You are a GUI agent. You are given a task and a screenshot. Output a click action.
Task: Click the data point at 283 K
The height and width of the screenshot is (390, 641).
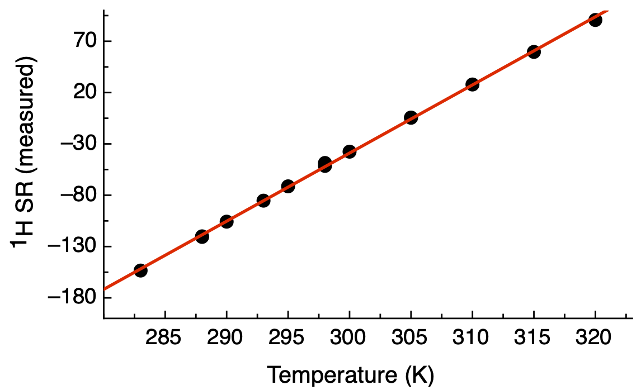click(x=140, y=270)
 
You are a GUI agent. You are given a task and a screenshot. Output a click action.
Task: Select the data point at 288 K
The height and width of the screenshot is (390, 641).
click(x=202, y=236)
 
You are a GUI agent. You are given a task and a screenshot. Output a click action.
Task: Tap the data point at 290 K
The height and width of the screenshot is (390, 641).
click(x=227, y=222)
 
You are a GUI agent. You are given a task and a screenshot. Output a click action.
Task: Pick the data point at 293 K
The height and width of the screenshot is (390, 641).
click(x=263, y=201)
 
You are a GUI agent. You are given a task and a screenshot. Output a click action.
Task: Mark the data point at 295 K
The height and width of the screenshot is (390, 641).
click(x=288, y=186)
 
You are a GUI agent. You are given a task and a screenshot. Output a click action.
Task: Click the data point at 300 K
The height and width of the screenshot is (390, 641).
click(x=350, y=151)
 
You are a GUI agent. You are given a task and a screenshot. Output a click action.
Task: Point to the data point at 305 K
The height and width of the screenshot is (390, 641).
click(x=411, y=117)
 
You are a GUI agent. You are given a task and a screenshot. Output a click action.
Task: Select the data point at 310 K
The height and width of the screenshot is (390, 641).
click(x=472, y=84)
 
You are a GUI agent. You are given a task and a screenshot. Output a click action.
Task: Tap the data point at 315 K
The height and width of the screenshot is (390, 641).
click(x=534, y=52)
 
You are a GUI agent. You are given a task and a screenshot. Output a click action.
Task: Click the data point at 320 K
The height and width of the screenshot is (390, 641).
click(x=595, y=20)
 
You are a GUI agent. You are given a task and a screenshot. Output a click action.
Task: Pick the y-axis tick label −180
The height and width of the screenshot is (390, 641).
click(x=72, y=298)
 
